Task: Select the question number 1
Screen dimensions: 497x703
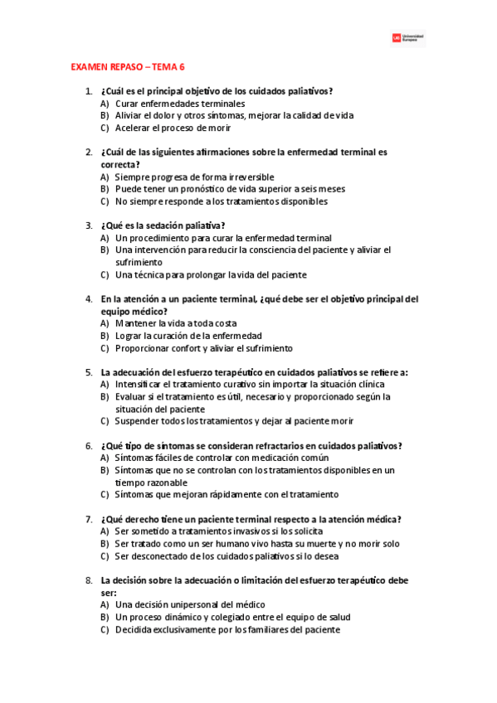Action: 88,91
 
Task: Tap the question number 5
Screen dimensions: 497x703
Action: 88,372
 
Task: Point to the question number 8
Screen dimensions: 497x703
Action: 88,580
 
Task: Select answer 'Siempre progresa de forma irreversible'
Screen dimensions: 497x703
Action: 194,177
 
